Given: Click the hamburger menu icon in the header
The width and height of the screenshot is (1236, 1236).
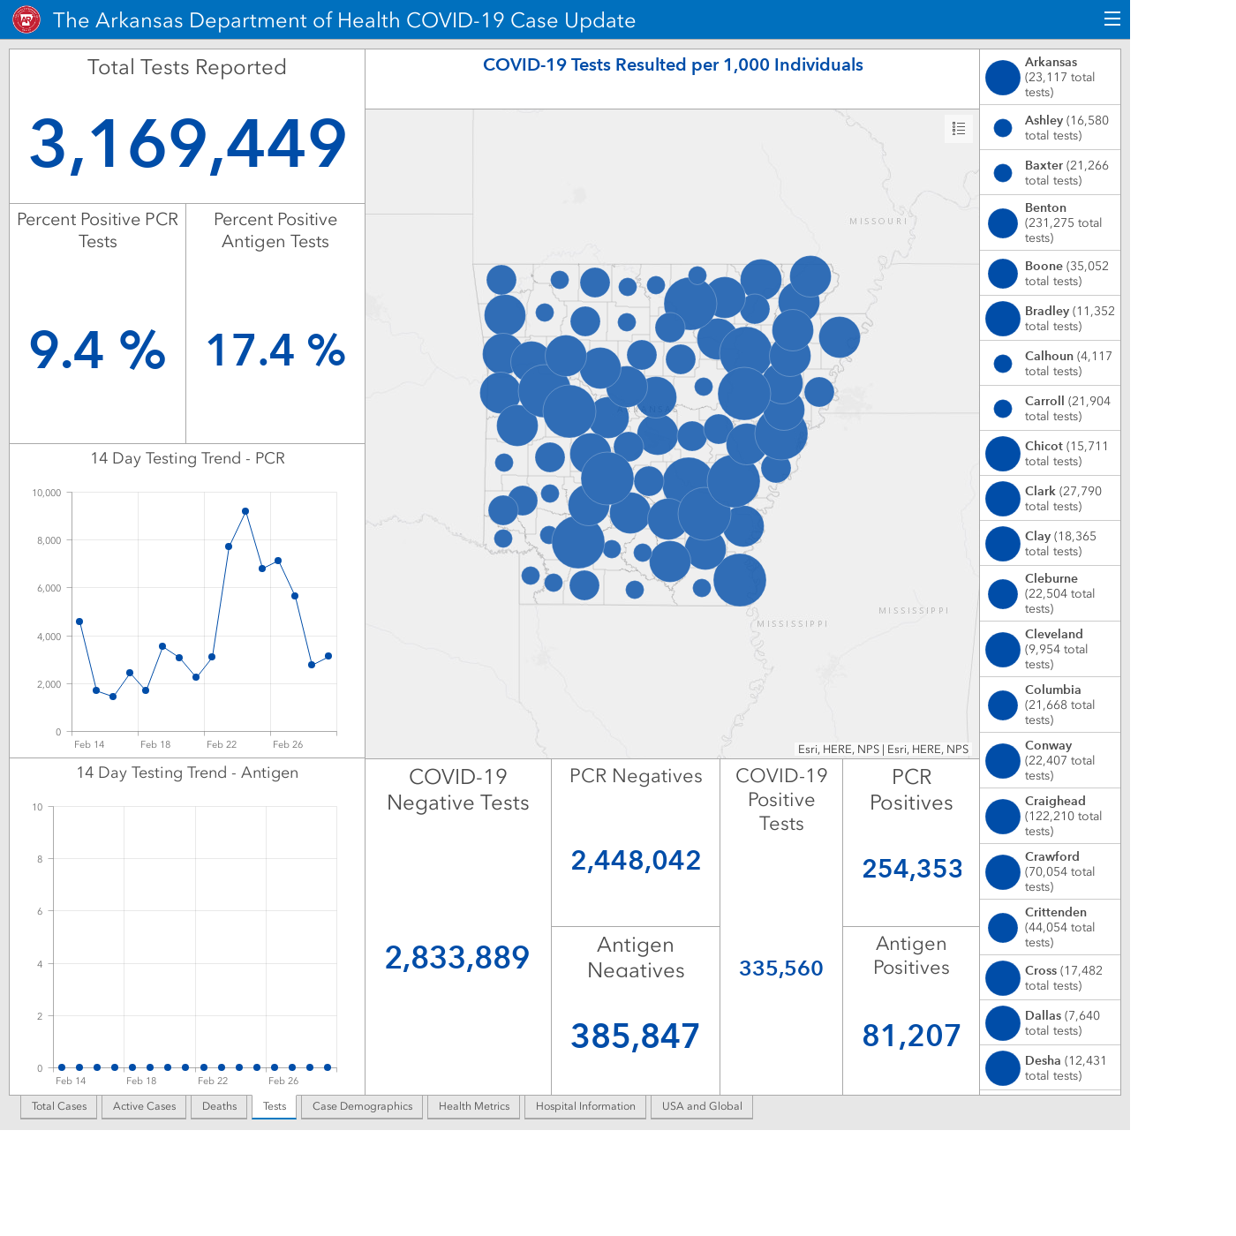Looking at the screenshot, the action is tap(1112, 19).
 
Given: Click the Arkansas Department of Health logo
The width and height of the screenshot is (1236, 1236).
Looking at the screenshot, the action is tap(26, 19).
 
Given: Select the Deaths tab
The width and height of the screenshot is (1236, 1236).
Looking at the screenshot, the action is tap(219, 1106).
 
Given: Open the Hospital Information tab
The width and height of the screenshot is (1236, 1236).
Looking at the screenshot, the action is tap(585, 1106).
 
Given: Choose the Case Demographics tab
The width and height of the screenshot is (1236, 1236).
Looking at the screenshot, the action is tap(362, 1106).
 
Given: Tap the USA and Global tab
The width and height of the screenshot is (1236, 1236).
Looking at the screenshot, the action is tap(702, 1106).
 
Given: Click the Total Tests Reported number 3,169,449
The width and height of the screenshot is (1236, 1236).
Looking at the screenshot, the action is tap(188, 144).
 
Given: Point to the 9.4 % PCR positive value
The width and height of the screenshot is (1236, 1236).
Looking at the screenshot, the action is tap(97, 350).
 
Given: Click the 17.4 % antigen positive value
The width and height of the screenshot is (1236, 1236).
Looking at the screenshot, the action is tap(275, 350).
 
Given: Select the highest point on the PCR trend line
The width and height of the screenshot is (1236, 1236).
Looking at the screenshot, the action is tap(245, 511).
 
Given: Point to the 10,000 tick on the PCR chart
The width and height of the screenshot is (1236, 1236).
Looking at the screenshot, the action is tap(46, 493).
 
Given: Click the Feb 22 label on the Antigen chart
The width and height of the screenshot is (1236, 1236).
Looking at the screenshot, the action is tap(212, 1081).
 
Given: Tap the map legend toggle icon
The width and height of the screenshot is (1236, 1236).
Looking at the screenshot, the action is tap(958, 128).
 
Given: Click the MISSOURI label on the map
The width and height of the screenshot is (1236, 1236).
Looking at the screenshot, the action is tap(878, 222).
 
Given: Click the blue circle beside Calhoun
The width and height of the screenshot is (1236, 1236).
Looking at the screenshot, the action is tap(1003, 364).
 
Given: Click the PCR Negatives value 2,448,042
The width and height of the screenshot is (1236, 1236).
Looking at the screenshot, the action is tap(636, 861).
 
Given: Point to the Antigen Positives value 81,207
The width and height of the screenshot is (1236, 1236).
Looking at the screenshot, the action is tap(911, 1036).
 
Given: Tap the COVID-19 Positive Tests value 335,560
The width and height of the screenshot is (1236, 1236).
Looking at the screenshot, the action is tap(780, 968).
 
